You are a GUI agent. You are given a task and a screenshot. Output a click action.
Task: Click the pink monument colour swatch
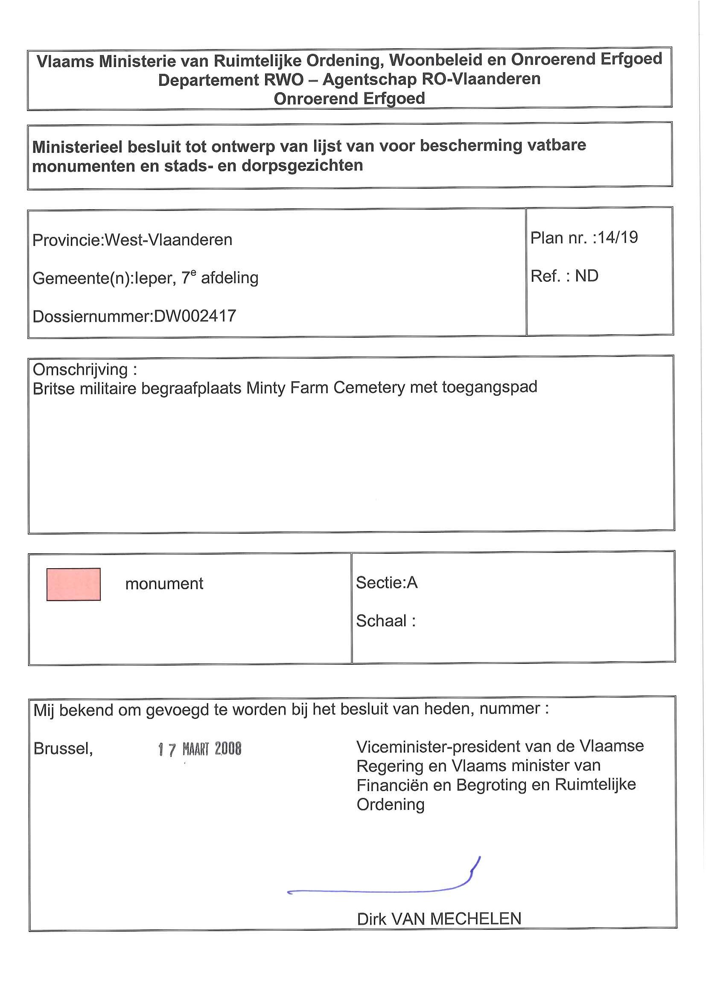tap(73, 584)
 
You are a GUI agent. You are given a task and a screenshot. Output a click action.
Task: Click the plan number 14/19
tap(618, 237)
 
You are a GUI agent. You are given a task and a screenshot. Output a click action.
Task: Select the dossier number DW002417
tap(195, 316)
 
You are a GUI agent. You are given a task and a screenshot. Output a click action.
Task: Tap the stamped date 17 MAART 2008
tap(200, 749)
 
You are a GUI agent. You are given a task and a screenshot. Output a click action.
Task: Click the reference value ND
tap(586, 276)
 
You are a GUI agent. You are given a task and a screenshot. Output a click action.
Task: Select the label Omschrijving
tap(81, 370)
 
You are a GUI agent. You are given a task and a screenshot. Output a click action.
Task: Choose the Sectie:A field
tap(387, 583)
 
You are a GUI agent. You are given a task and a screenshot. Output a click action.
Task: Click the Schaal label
tap(382, 620)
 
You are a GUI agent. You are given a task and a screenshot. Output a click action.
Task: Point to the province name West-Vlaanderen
tap(168, 240)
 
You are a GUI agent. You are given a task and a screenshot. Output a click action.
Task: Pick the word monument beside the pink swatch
tap(164, 584)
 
